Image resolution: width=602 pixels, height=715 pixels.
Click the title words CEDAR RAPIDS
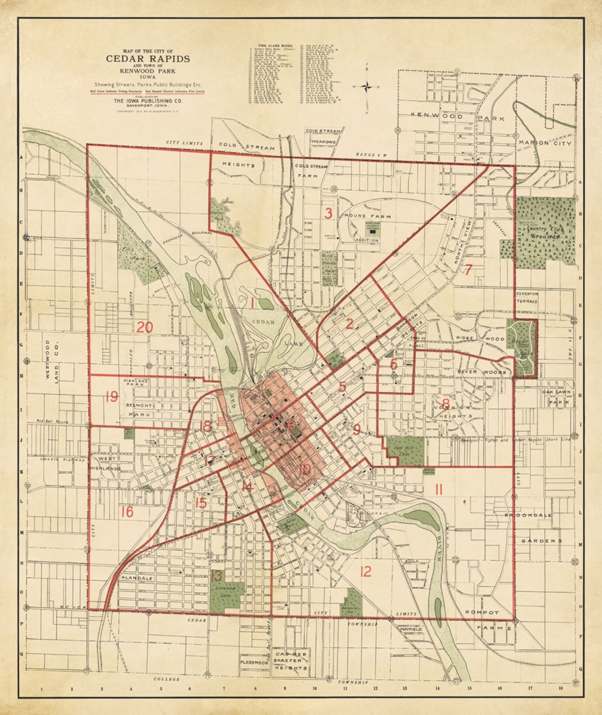pos(148,59)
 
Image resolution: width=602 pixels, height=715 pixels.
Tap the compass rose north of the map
pos(368,87)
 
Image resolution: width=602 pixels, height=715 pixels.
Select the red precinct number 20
pos(145,327)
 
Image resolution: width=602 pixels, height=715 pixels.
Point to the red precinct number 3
pos(328,214)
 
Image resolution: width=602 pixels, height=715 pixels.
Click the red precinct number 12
pos(365,571)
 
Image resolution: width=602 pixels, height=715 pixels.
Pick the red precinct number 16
pos(127,512)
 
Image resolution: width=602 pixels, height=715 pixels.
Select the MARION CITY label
pos(544,143)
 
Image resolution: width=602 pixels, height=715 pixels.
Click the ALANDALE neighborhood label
pos(137,578)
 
